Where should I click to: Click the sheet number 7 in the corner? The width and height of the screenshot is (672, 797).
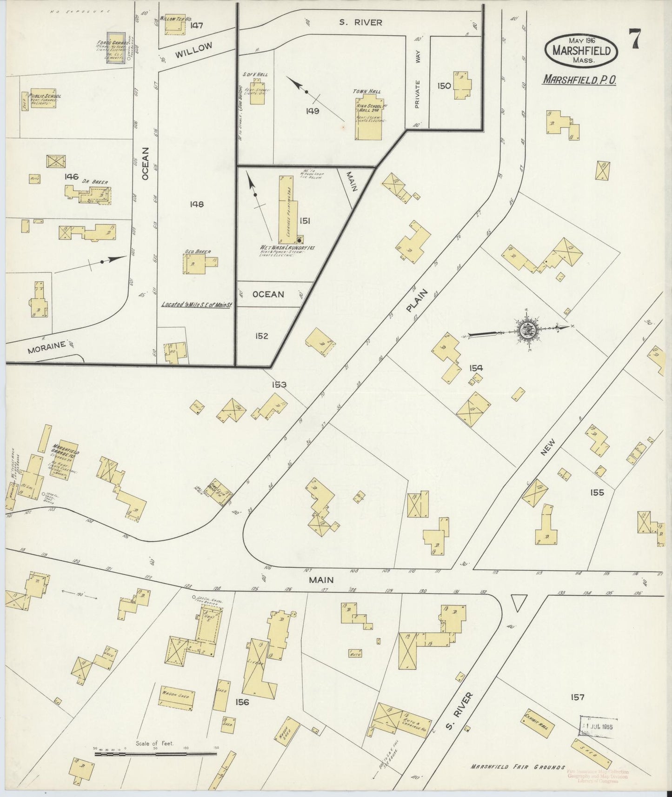[x=634, y=39]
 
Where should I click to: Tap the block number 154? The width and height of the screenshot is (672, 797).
[x=476, y=368]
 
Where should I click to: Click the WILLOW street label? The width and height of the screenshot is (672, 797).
[x=194, y=50]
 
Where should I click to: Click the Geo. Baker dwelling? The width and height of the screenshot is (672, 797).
[x=193, y=264]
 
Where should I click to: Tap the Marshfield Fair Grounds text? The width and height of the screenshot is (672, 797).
[x=518, y=767]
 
